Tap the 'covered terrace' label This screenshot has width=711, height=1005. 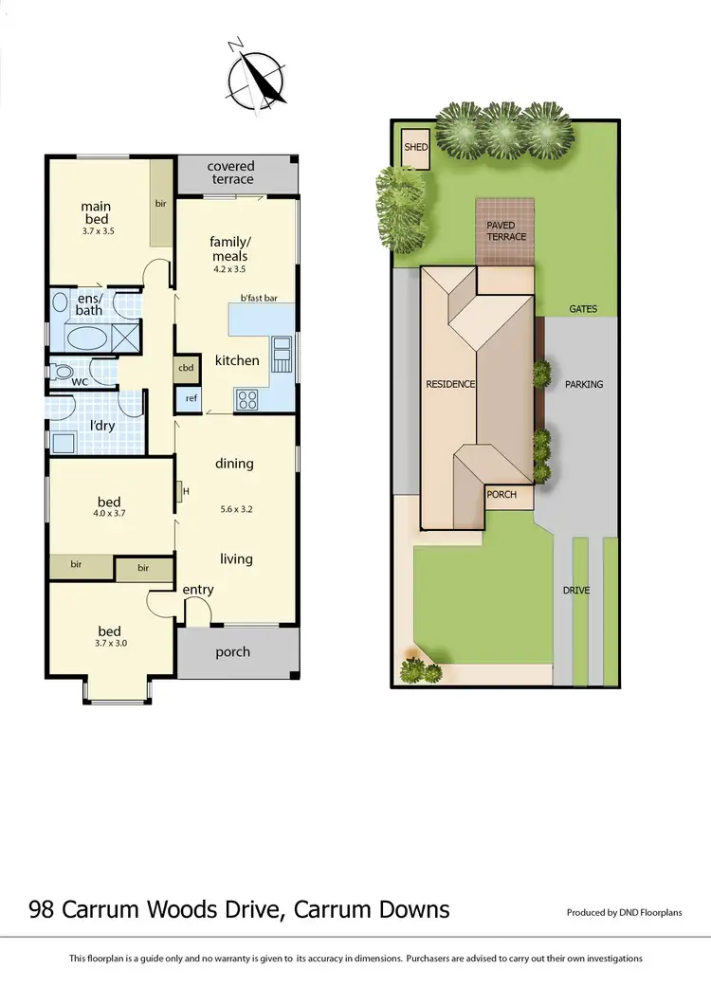231,173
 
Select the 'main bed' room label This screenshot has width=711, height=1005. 96,212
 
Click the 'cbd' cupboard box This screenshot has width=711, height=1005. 186,368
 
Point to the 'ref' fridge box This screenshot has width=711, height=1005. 191,398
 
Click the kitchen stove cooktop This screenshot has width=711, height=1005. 246,399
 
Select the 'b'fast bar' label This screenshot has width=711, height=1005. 259,299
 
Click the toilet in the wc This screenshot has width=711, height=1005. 64,373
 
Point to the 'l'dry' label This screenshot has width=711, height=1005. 102,426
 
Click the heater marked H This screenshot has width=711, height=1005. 180,492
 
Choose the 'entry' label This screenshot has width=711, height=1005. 198,590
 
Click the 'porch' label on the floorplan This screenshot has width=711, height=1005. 232,651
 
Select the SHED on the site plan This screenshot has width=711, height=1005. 416,148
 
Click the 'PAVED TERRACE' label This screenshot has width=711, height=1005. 506,230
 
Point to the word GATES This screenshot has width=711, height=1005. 583,309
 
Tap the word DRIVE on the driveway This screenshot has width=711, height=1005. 576,591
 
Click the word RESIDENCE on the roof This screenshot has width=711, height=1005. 450,384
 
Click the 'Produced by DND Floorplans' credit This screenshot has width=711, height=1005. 624,913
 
